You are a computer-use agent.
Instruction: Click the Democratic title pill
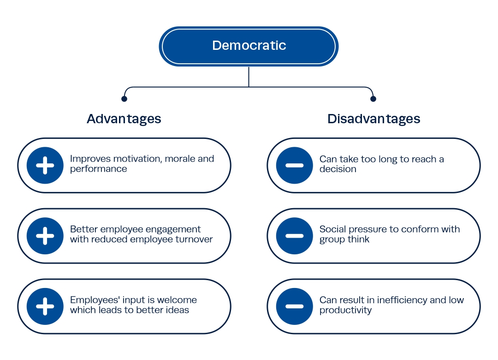click(x=249, y=46)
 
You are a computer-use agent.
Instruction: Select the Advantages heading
click(x=124, y=119)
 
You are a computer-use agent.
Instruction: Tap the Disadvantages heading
click(x=374, y=119)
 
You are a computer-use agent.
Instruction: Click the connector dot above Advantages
click(x=124, y=99)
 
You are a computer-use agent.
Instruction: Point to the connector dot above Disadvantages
click(x=373, y=99)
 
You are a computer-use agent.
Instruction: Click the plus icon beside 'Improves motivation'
click(x=45, y=165)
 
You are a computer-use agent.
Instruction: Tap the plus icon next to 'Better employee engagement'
click(x=45, y=236)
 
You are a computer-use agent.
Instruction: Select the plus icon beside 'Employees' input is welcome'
click(x=45, y=306)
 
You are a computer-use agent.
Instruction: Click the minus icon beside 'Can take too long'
click(x=294, y=165)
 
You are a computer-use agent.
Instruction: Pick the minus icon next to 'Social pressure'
click(x=294, y=236)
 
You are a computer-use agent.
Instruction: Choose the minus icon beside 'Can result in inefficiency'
click(x=294, y=306)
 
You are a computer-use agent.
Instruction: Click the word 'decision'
click(x=338, y=169)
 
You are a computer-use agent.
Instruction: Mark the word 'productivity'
click(x=345, y=311)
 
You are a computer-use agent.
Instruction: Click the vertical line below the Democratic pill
click(x=249, y=77)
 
